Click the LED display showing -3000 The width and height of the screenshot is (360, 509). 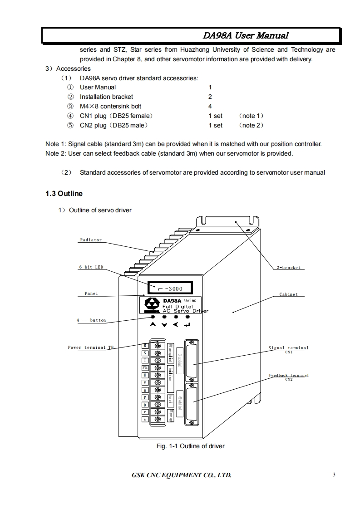(x=168, y=288)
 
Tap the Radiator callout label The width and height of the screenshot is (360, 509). (x=91, y=240)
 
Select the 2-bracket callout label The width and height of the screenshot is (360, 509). (x=289, y=268)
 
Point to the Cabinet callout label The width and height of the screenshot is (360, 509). (x=289, y=294)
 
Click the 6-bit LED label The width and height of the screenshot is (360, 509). (x=91, y=267)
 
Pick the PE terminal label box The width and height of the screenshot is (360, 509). (x=145, y=367)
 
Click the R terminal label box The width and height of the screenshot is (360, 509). (x=145, y=346)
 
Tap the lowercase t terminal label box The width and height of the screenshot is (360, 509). (x=145, y=419)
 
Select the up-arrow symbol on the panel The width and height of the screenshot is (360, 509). (x=153, y=325)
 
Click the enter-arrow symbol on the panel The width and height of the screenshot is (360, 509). (x=187, y=325)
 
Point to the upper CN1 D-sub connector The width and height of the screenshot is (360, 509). (x=191, y=360)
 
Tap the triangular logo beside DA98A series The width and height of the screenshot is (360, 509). (x=151, y=304)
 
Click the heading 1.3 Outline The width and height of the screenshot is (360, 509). (x=64, y=194)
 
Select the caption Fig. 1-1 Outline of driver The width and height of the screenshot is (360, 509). (x=191, y=446)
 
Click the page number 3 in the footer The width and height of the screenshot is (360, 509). (x=334, y=475)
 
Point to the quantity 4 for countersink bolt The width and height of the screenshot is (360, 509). (x=210, y=106)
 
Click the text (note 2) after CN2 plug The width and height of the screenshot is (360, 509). (x=251, y=125)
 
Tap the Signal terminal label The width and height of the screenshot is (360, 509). (x=288, y=348)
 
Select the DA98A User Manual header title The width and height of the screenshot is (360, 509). (x=245, y=35)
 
